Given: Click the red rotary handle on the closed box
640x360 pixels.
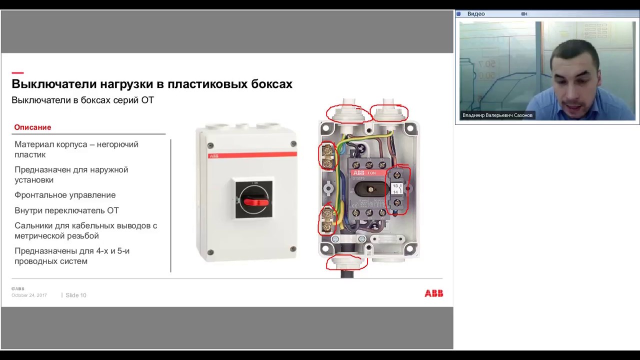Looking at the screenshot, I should pos(255,201).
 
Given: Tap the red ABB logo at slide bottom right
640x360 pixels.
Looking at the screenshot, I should pos(433,293).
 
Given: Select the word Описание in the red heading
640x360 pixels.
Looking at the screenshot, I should pos(32,127).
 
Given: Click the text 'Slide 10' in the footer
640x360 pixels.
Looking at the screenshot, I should pos(76,295).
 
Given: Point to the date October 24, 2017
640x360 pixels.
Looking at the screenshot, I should pos(29,295).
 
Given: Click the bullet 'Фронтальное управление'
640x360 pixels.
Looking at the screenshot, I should pos(65,195).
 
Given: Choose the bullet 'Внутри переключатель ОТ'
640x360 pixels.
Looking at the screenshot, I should pos(66,210).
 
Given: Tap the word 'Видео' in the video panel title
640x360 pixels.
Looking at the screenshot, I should pos(476,14).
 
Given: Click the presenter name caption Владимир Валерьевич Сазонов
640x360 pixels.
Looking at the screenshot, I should pos(497,115).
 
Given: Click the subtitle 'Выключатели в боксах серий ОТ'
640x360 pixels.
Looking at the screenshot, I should pos(82,100).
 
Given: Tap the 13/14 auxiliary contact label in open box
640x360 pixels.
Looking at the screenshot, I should pos(396,188).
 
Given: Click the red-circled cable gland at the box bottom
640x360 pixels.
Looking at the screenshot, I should pos(346,262).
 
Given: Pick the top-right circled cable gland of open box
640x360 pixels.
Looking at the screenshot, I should pos(389,112).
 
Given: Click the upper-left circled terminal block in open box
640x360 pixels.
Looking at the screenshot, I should pos(327,156).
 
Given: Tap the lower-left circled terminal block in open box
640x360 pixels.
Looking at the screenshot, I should pos(327,220).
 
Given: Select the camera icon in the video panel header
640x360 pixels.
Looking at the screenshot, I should pos(524,14).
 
